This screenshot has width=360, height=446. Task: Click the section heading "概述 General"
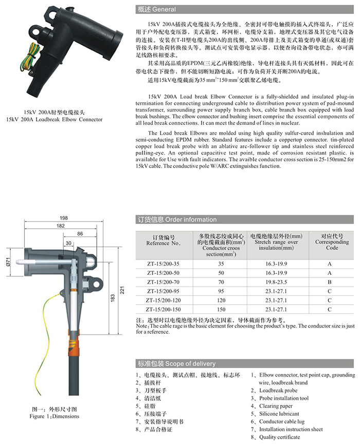tap(157, 9)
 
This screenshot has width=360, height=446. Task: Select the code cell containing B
tap(329, 282)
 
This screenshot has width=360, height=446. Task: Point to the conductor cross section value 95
tap(221, 291)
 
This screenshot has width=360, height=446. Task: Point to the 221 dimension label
tap(122, 291)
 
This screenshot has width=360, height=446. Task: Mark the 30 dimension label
tap(68, 243)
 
